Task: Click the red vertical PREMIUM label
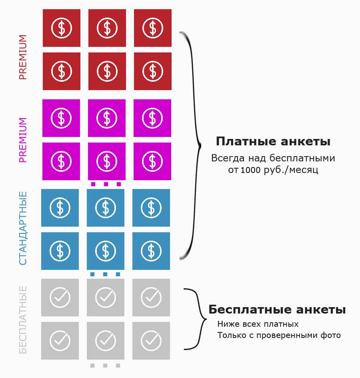coord(23,57)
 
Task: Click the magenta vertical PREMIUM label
coord(23,140)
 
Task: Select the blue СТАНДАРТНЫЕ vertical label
coord(23,228)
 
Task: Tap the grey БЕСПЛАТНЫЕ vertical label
coord(23,320)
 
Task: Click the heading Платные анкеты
coord(273,141)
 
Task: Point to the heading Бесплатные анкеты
coord(277,310)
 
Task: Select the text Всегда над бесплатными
coord(273,158)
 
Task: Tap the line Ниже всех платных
coord(258,324)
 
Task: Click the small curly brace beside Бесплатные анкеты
coord(194,318)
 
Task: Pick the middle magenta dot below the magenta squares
coord(106,184)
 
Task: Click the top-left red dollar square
coord(62,28)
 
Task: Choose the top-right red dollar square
coord(152,28)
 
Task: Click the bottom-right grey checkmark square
coord(151,340)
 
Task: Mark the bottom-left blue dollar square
coord(60,251)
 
